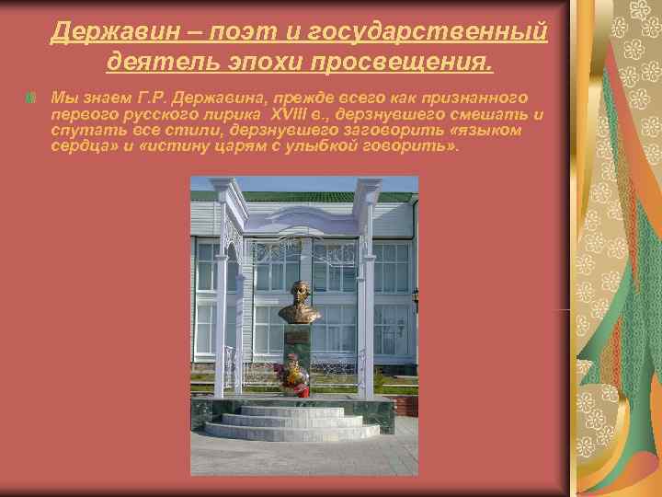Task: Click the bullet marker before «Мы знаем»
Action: pyautogui.click(x=32, y=98)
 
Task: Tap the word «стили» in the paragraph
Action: pyautogui.click(x=183, y=130)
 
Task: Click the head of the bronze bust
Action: pyautogui.click(x=299, y=294)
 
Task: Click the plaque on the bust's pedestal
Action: pyautogui.click(x=296, y=337)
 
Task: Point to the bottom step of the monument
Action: pyautogui.click(x=291, y=432)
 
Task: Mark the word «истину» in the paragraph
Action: pyautogui.click(x=169, y=145)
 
